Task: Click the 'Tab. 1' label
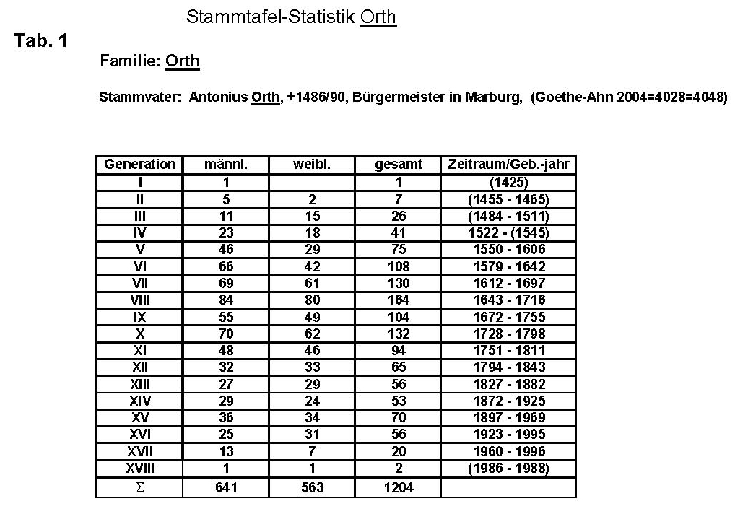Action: pos(41,41)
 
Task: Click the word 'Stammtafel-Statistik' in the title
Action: pos(271,17)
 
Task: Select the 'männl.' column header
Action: pos(226,165)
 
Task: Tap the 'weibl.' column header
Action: pos(312,165)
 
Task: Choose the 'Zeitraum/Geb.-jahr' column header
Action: pos(508,165)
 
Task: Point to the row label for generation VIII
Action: pos(140,300)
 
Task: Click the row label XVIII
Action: pos(140,468)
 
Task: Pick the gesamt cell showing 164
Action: pos(398,300)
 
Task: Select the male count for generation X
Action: pos(226,334)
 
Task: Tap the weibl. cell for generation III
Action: pos(312,216)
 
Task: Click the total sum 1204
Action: pos(398,487)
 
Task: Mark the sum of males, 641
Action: pos(226,487)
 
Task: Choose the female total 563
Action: pos(312,487)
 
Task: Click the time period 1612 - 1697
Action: pos(508,283)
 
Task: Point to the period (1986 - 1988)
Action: pos(508,468)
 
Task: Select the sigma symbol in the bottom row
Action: pos(140,487)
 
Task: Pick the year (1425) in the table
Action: pos(508,182)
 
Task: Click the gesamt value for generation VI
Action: pos(398,266)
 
